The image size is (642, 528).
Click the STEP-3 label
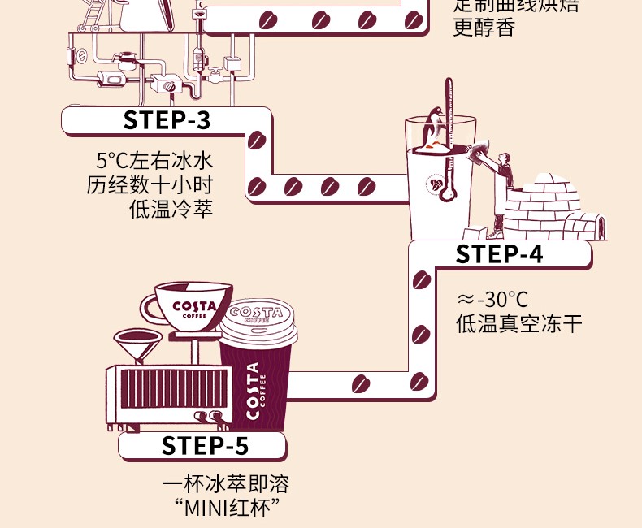(167, 120)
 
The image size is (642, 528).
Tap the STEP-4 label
(499, 254)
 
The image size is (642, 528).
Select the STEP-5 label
(205, 446)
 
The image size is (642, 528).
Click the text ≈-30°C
(493, 299)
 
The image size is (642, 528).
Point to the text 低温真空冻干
(519, 324)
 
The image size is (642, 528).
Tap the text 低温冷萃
(171, 209)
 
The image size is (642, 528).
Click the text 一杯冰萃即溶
(226, 486)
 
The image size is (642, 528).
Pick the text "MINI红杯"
(226, 511)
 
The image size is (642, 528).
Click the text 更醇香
(484, 28)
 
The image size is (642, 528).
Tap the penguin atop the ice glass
(436, 127)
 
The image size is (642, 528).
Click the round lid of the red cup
(257, 319)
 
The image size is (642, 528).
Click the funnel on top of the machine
(138, 345)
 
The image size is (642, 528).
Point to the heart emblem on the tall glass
(439, 186)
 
